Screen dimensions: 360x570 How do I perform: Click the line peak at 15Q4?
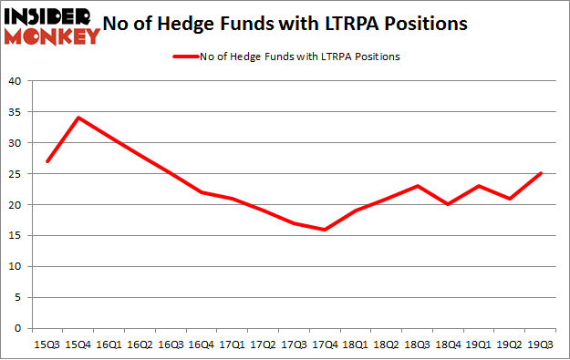[79, 118]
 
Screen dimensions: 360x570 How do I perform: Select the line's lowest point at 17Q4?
[325, 230]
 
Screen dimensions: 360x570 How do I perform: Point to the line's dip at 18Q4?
[448, 204]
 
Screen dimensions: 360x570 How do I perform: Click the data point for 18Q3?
[417, 186]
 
